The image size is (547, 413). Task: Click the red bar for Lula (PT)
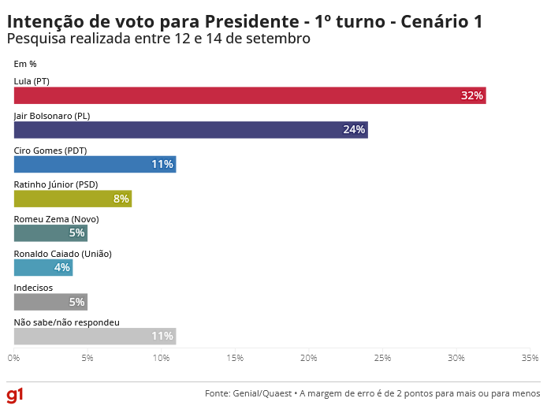point(250,95)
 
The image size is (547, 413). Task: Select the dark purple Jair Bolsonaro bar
point(191,130)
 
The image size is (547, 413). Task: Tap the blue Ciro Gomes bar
point(95,164)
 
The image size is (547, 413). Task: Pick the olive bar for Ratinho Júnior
point(73,199)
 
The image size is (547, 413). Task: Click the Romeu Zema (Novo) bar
point(50,233)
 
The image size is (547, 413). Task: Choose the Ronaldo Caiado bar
point(43,267)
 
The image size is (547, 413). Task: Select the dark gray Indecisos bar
point(50,302)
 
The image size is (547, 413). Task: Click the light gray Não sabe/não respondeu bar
point(95,336)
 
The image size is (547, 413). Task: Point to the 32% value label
point(471,95)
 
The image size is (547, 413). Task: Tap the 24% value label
point(354,130)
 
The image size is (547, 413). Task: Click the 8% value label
point(121,199)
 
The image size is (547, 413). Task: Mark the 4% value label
point(62,267)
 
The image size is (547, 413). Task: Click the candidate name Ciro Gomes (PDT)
point(50,150)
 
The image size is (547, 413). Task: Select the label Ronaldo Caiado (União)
point(63,254)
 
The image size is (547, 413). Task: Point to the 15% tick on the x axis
point(235,358)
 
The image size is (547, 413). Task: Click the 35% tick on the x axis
point(530,358)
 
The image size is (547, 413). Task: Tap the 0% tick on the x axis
point(14,358)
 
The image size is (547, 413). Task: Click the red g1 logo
point(15,394)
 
